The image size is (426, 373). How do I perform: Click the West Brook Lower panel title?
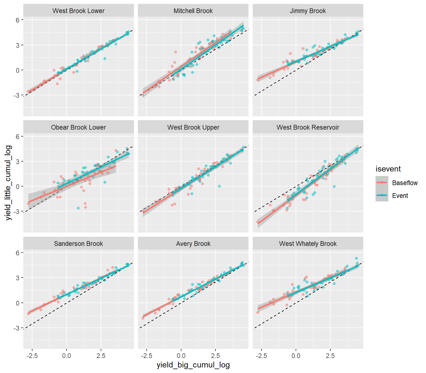tap(78, 11)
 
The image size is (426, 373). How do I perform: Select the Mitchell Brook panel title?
tap(193, 11)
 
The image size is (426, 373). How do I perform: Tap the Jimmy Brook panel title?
tap(308, 11)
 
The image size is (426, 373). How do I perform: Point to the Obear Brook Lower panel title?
tap(78, 127)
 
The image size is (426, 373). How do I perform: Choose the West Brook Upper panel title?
tap(193, 127)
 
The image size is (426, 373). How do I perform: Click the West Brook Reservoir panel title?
tap(308, 127)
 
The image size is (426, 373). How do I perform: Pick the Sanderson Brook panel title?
tap(78, 244)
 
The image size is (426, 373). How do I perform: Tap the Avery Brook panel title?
tap(193, 244)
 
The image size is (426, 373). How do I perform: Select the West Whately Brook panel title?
tap(308, 244)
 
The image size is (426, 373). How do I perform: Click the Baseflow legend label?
tap(405, 183)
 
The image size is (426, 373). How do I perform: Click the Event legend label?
tap(400, 196)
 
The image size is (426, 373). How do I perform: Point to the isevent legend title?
tap(388, 169)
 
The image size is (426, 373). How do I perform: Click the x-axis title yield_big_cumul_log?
tap(193, 365)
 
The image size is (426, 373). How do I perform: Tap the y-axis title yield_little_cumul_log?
tap(9, 183)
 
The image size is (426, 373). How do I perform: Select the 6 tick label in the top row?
tap(17, 20)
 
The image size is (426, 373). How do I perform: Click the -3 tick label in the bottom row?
tap(16, 328)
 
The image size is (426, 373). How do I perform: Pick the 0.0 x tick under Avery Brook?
tap(181, 356)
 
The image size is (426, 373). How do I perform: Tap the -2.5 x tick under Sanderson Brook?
tap(32, 356)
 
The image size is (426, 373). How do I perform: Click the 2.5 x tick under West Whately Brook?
tap(330, 356)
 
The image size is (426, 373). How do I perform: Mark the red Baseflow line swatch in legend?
tap(382, 183)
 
